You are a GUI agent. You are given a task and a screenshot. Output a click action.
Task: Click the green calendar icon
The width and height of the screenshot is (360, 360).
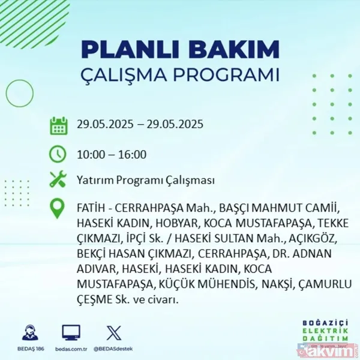tap(58, 125)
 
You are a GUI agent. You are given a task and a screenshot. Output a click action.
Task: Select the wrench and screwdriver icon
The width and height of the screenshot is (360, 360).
tap(58, 179)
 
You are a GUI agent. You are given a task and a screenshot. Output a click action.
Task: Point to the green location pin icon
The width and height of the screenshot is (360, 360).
tap(58, 208)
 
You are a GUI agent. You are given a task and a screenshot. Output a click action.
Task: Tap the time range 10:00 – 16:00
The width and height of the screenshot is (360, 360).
tap(112, 154)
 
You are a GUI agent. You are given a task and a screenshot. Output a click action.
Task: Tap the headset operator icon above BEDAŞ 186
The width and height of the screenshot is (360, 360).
tap(30, 332)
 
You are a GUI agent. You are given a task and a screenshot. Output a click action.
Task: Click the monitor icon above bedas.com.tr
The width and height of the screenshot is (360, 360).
tap(71, 332)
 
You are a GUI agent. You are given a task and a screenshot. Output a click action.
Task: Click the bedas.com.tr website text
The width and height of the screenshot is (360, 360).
tap(71, 347)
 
